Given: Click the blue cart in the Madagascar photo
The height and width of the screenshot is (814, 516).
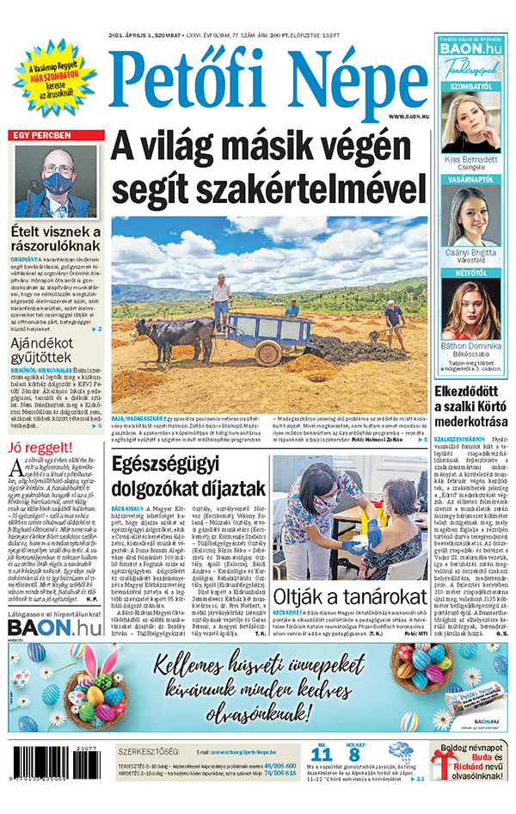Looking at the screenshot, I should tap(255, 328).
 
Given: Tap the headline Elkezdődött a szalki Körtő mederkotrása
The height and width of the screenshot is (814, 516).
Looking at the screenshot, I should tap(471, 407).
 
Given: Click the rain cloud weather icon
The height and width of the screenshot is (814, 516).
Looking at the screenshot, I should tap(400, 752).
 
